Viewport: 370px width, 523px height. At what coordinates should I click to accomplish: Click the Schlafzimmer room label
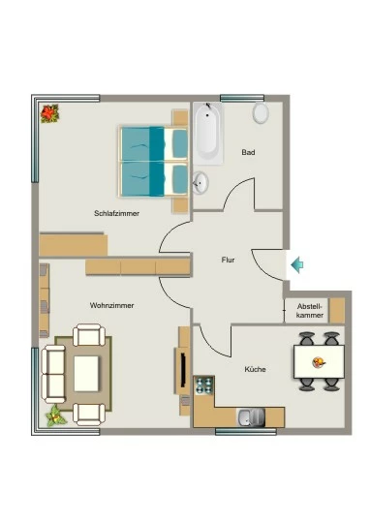(x=116, y=213)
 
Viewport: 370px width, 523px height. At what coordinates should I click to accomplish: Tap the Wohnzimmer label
(x=111, y=305)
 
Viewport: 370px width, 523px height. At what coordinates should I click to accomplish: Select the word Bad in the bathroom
(x=248, y=152)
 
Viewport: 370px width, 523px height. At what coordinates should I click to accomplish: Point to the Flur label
(x=228, y=260)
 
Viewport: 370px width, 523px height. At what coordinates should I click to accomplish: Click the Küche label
(x=256, y=369)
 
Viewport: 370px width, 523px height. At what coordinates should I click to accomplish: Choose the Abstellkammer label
(x=310, y=311)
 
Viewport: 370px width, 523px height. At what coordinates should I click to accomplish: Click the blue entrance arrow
(x=297, y=264)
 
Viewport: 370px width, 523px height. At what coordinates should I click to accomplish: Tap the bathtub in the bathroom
(x=208, y=134)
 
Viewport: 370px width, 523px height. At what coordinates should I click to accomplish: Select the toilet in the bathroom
(x=261, y=112)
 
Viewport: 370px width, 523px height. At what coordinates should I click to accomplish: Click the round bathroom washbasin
(x=200, y=183)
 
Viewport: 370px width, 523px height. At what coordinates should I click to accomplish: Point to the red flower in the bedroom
(x=49, y=113)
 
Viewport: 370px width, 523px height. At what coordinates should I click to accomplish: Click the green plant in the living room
(x=56, y=415)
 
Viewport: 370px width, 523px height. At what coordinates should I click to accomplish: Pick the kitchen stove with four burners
(x=203, y=385)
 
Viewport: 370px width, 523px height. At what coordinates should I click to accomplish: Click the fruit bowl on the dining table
(x=319, y=362)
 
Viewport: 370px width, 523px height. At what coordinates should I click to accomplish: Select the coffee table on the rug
(x=86, y=374)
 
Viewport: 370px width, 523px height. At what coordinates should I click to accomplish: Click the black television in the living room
(x=183, y=369)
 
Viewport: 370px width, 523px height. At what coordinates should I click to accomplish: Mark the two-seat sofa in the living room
(x=53, y=374)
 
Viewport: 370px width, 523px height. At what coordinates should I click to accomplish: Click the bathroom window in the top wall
(x=242, y=98)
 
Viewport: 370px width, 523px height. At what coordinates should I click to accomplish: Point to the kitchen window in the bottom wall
(x=246, y=432)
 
